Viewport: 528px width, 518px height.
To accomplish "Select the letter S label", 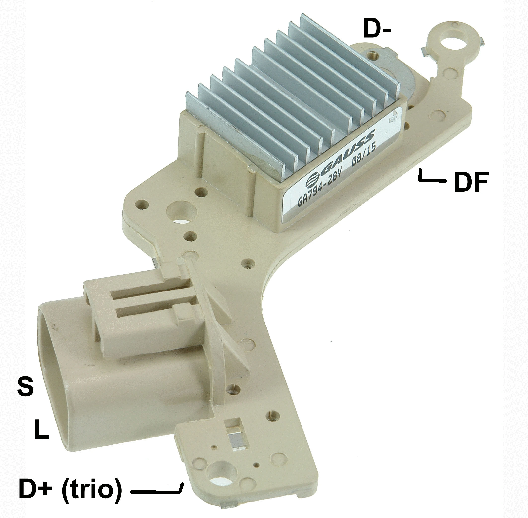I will [25, 387].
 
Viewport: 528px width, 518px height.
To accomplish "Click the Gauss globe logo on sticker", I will [313, 180].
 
